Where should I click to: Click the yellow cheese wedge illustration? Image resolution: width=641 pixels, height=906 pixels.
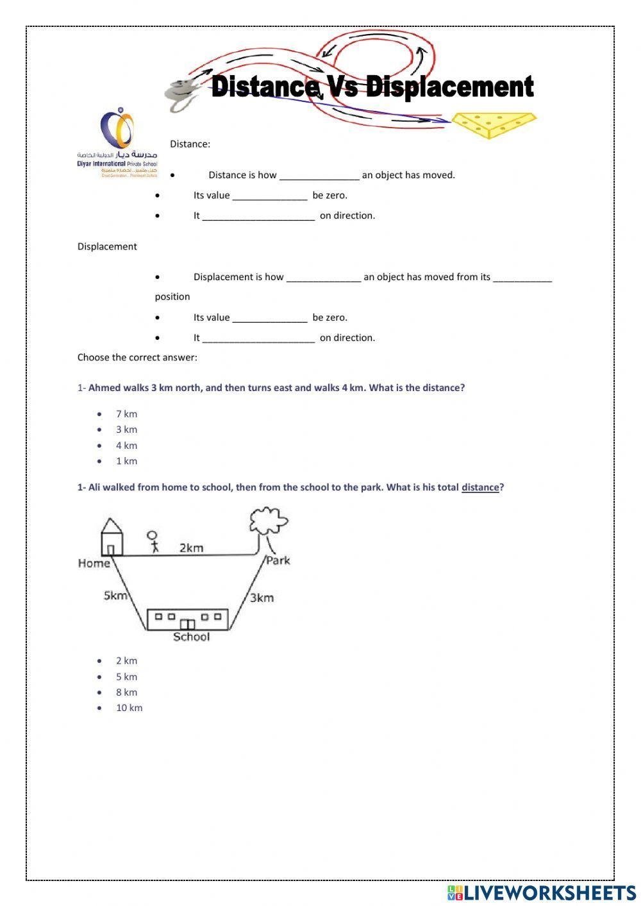point(493,124)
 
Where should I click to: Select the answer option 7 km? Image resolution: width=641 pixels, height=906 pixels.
point(126,414)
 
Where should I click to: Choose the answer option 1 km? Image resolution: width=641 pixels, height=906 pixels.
point(126,461)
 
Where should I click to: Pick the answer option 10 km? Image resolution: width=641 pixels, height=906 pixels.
point(129,708)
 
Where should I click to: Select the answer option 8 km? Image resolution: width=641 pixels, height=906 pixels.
point(126,692)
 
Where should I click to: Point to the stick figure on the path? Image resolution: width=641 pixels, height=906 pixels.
point(153,542)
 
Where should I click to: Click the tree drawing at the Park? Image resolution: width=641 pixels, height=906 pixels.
point(269,526)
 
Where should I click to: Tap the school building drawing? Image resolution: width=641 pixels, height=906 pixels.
point(188,619)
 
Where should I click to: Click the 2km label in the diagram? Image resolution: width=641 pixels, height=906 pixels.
point(191,548)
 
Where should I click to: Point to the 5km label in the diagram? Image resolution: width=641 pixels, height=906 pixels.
point(115,596)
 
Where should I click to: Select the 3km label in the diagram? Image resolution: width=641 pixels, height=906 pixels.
point(262,598)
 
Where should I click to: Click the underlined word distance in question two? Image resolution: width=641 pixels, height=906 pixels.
point(479,487)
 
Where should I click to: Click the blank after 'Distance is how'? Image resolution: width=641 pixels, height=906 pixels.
point(319,176)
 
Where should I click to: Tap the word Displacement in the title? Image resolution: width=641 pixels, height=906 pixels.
point(449,87)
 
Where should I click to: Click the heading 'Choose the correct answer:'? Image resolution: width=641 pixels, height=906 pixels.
point(137,358)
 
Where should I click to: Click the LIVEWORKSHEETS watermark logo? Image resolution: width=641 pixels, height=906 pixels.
point(542,892)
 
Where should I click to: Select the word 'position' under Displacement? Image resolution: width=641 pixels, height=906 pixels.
point(172,297)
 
